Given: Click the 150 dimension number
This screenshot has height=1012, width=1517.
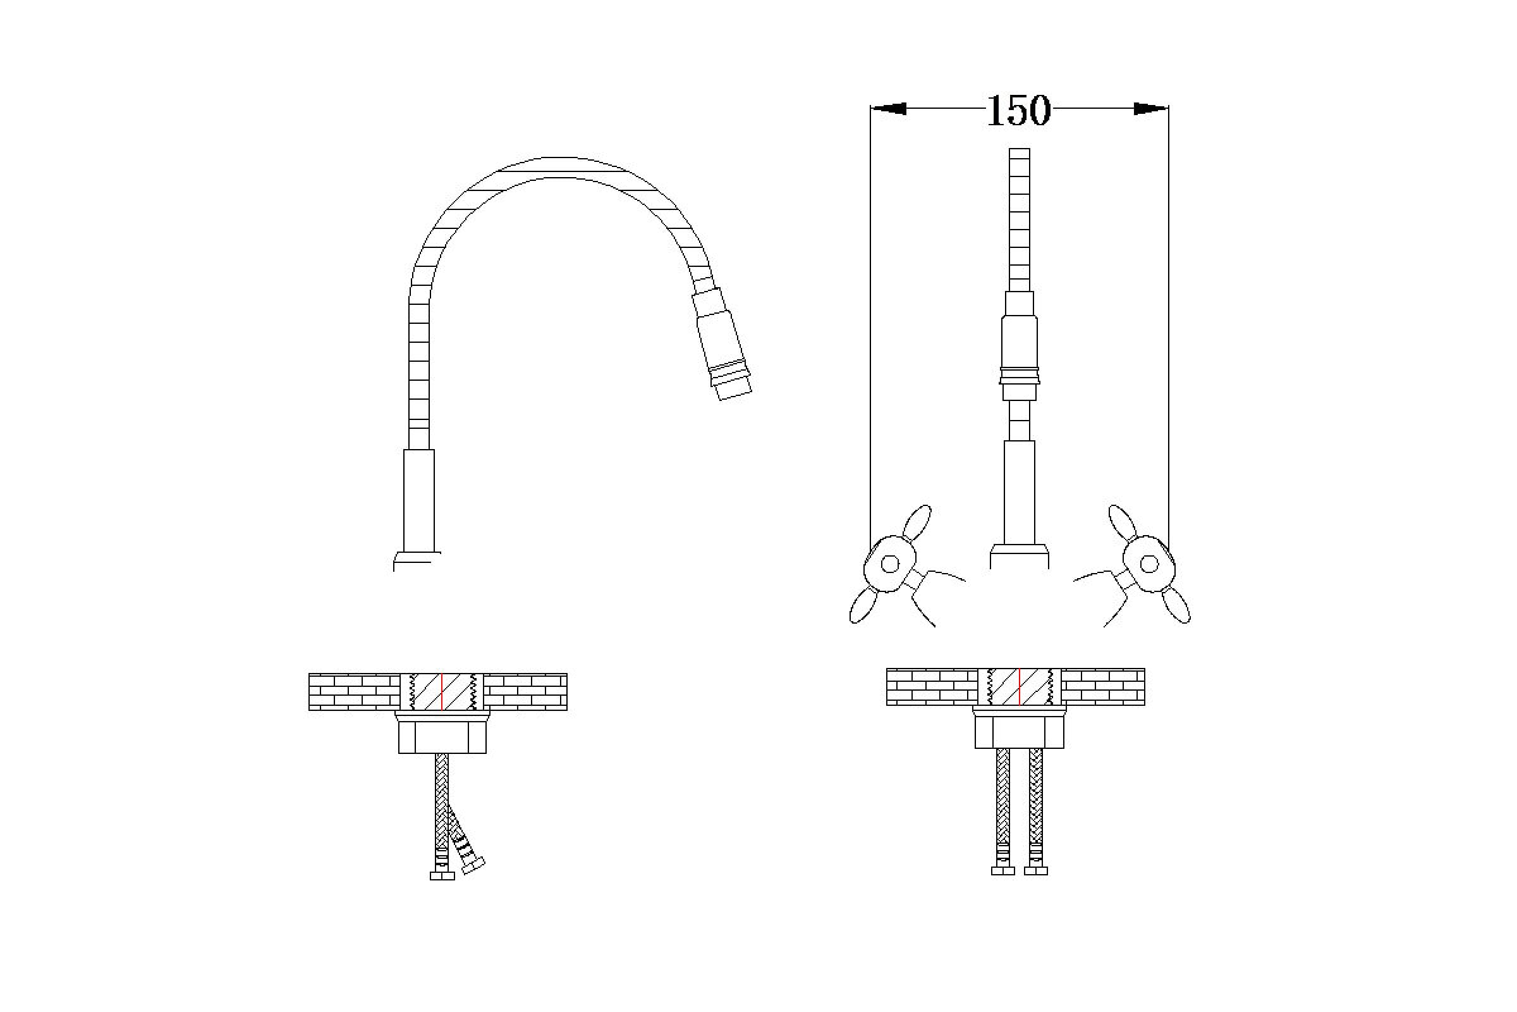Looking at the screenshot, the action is (1018, 111).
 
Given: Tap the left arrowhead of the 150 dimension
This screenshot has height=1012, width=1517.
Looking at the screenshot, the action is (888, 108).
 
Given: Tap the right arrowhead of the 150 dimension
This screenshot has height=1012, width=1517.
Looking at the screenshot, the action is (1151, 108).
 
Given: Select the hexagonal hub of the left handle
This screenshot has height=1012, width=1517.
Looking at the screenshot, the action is (890, 564).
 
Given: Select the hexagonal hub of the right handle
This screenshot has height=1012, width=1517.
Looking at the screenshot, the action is (1148, 564).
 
